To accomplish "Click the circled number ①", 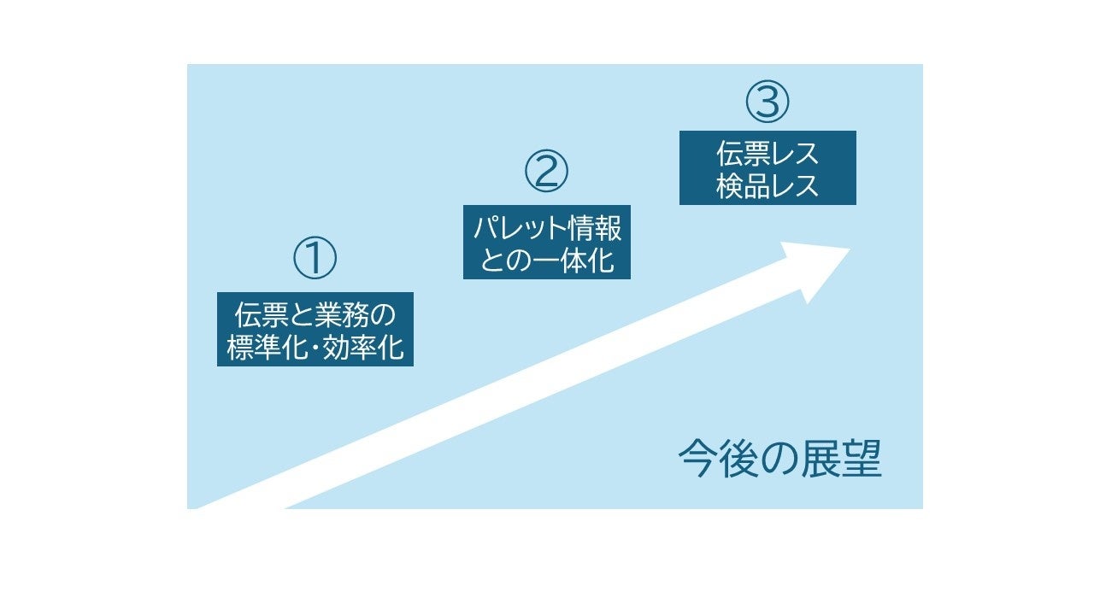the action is tap(315, 259).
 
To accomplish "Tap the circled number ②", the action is tap(546, 172).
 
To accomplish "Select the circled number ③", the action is tap(768, 102).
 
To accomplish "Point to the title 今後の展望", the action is tap(779, 460).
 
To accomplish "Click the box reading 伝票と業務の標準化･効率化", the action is tap(315, 330).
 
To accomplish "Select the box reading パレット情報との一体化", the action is tap(547, 242).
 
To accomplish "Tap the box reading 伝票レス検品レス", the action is tap(768, 167).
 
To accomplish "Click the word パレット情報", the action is tap(547, 228).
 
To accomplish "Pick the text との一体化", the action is tap(547, 259).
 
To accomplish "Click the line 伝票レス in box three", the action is tap(768, 154).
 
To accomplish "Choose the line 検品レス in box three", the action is tap(768, 184).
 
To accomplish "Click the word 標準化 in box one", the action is tap(269, 348).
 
